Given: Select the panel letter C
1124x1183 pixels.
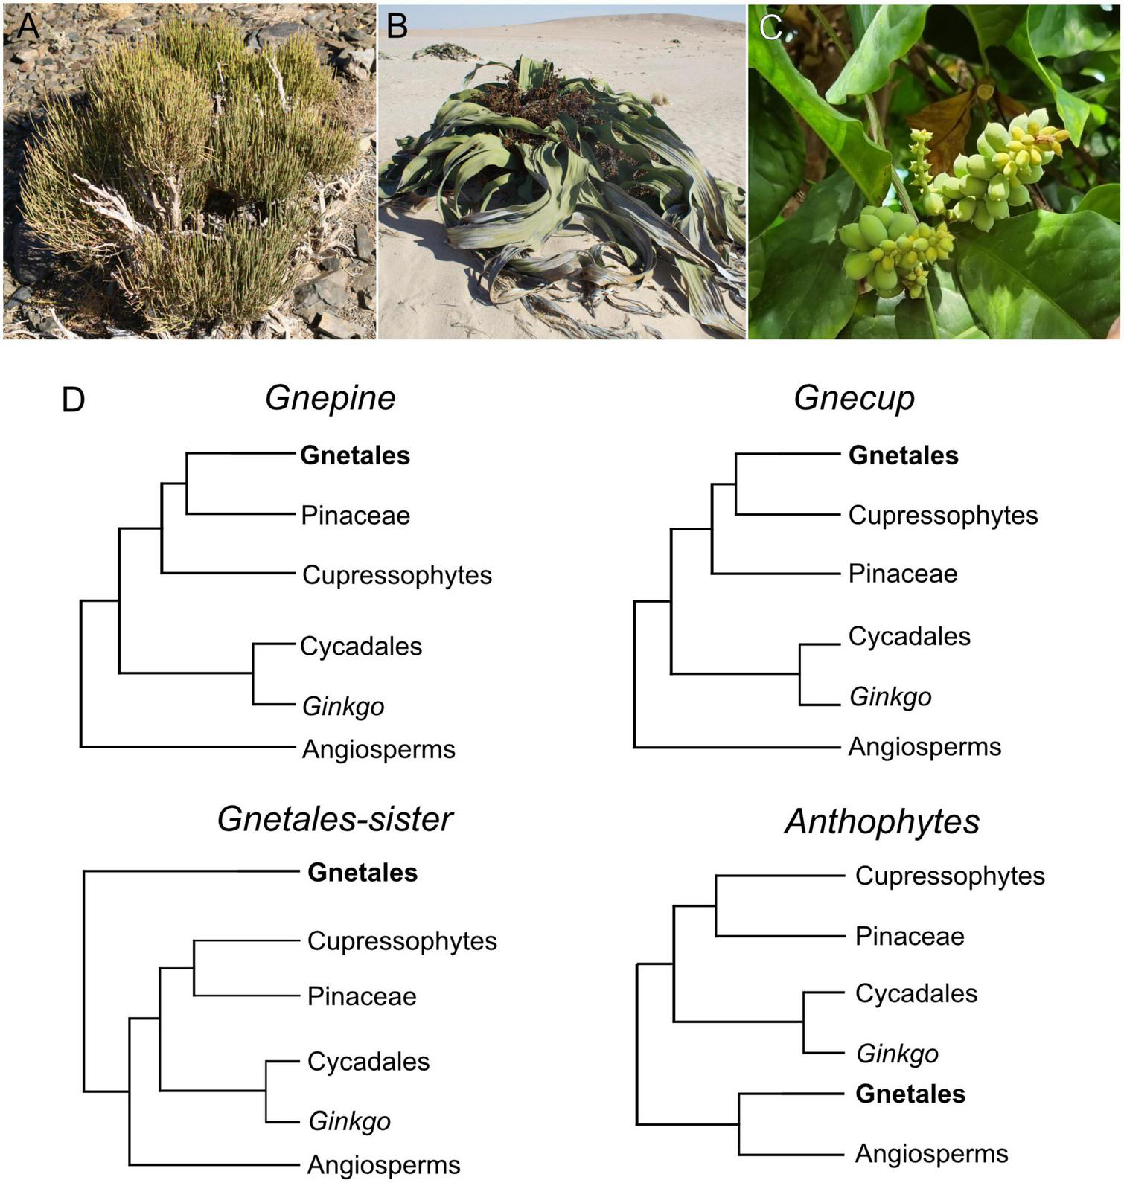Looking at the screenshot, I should (x=770, y=28).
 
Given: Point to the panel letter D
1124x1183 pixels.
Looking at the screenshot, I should (x=73, y=400).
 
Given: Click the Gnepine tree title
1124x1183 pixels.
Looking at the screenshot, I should (x=330, y=397).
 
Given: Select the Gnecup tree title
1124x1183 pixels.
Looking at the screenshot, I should (x=854, y=397).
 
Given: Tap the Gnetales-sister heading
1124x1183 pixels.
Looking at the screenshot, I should (x=335, y=819).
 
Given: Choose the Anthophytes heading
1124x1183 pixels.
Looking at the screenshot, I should (x=882, y=821).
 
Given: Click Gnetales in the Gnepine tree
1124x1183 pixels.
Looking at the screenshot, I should (x=355, y=455).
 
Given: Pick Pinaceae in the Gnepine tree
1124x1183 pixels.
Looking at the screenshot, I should (x=355, y=515).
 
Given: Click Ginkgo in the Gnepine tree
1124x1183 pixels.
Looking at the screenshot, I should (x=343, y=706).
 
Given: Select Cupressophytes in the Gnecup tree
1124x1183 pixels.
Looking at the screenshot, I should (x=943, y=515).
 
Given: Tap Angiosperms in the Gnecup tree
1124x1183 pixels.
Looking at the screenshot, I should (x=925, y=746).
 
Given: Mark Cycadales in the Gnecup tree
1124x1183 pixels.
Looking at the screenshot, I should (x=909, y=636).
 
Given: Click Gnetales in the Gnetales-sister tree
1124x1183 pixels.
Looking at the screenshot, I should (x=363, y=872).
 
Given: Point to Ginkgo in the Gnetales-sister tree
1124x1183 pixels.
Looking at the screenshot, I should (x=350, y=1121).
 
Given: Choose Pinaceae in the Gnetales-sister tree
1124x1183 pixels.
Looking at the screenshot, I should (x=362, y=996).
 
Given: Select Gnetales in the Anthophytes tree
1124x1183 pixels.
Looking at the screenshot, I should (x=910, y=1094).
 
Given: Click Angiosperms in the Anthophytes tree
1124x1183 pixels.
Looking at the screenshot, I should (x=931, y=1153).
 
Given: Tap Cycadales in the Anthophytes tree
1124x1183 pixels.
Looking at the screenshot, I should (x=916, y=993).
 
